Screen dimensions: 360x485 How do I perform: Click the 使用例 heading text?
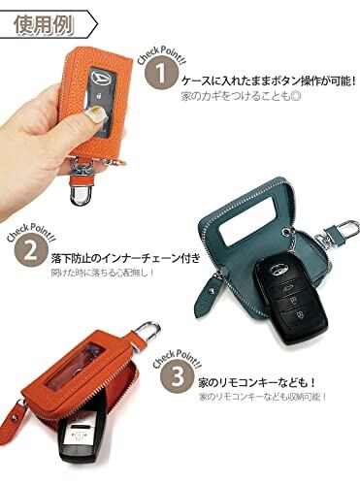44,24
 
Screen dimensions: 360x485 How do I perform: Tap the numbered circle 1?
160,74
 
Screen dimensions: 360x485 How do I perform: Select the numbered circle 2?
30,251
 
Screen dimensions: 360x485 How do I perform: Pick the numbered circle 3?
177,376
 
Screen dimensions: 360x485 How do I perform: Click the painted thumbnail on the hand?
96,114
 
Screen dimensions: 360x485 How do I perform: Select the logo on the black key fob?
279,269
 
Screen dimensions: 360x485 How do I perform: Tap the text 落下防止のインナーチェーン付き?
125,258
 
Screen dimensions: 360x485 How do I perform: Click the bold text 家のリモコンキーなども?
257,383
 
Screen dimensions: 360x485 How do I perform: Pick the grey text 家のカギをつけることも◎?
240,96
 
